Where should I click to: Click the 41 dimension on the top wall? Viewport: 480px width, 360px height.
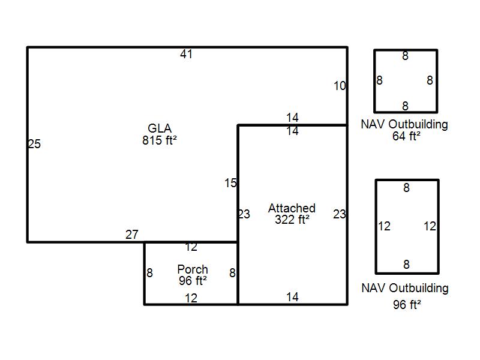[x=186, y=55]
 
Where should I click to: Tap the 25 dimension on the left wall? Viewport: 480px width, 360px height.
[x=34, y=144]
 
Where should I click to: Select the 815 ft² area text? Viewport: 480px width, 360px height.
[x=160, y=140]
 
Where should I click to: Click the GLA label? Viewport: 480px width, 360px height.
[x=160, y=128]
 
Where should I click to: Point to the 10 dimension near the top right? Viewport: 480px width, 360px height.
[x=340, y=86]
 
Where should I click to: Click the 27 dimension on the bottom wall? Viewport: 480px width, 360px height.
[x=132, y=235]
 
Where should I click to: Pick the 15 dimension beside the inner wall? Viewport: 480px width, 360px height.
[x=231, y=184]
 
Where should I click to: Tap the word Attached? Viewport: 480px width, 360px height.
[x=292, y=208]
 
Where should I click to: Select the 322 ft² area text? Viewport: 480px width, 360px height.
[x=292, y=220]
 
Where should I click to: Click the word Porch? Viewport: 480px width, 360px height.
[x=193, y=269]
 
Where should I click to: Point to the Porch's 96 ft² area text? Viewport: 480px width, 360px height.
[x=193, y=280]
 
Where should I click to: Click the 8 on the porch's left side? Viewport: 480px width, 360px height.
[x=149, y=273]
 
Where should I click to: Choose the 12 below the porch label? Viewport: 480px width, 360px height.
[x=191, y=298]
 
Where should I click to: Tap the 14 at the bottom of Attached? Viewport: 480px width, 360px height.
[x=292, y=297]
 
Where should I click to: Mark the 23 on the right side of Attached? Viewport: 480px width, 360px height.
[x=340, y=214]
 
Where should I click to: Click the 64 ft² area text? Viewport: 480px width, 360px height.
[x=406, y=136]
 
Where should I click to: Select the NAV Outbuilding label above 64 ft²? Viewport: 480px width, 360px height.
[x=404, y=125]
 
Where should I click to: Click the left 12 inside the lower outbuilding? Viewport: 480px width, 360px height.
[x=384, y=226]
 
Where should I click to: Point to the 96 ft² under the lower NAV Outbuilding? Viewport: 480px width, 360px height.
[x=407, y=305]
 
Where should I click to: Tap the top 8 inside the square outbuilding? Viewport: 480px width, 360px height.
[x=405, y=56]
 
